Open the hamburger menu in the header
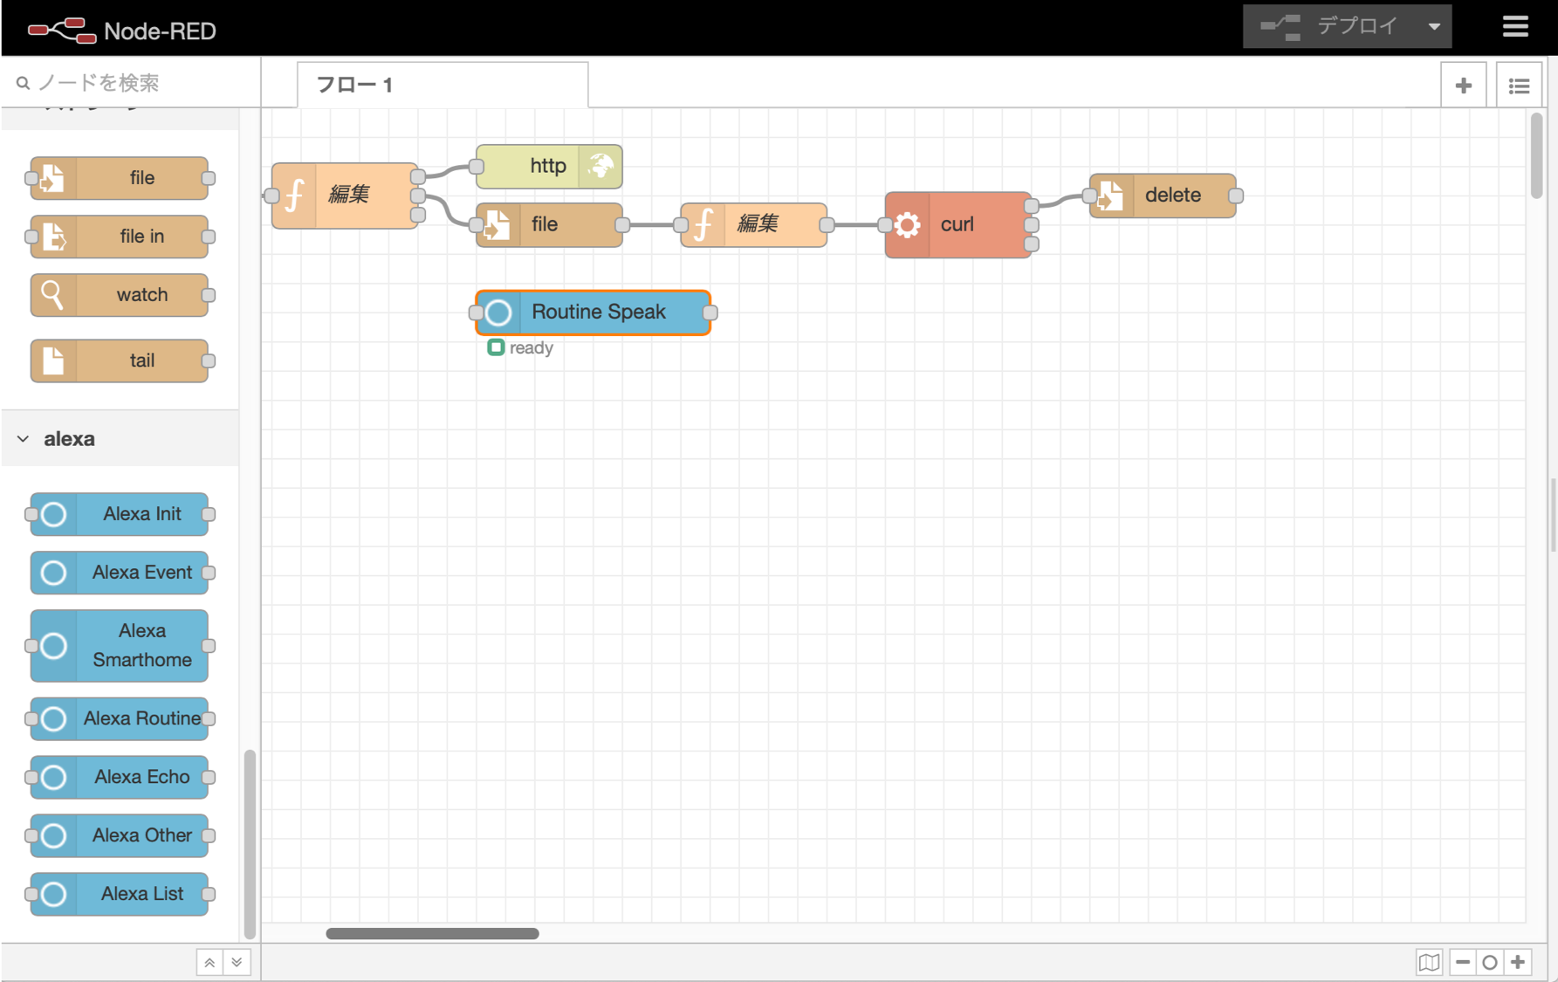pyautogui.click(x=1515, y=26)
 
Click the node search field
pyautogui.click(x=131, y=83)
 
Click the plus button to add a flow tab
pyautogui.click(x=1464, y=86)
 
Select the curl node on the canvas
pyautogui.click(x=958, y=224)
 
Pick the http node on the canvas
pyautogui.click(x=547, y=166)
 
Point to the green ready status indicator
pyautogui.click(x=496, y=347)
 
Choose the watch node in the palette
pyautogui.click(x=120, y=295)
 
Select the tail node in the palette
pyautogui.click(x=120, y=361)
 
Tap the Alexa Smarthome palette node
pyautogui.click(x=120, y=645)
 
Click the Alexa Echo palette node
pyautogui.click(x=120, y=777)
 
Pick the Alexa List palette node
pyautogui.click(x=120, y=894)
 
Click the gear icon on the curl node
pyautogui.click(x=908, y=225)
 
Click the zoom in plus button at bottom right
pyautogui.click(x=1518, y=962)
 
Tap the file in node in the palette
pyautogui.click(x=120, y=237)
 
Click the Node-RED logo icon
pyautogui.click(x=61, y=31)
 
